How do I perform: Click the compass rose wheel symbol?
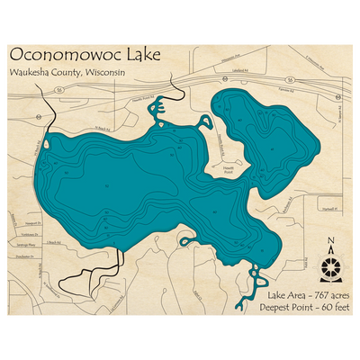(x=330, y=265)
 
